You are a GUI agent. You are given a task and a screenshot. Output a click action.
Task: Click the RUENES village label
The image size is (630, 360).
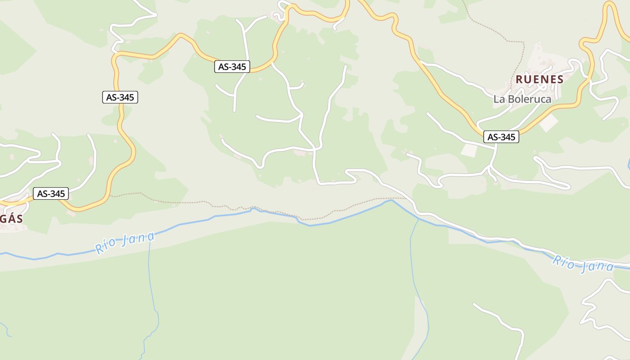pyautogui.click(x=539, y=80)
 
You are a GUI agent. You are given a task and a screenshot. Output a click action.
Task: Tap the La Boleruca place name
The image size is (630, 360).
pyautogui.click(x=522, y=99)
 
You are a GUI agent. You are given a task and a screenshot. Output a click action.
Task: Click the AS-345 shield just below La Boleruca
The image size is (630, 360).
pyautogui.click(x=501, y=137)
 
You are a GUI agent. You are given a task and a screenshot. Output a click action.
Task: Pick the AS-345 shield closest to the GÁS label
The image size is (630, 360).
pyautogui.click(x=51, y=194)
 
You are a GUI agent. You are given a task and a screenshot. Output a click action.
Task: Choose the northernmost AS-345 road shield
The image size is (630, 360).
pyautogui.click(x=232, y=67)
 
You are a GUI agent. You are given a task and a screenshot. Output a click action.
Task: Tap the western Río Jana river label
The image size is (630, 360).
pyautogui.click(x=125, y=243)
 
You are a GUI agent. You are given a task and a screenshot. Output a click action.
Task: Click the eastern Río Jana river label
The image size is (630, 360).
pyautogui.click(x=583, y=264)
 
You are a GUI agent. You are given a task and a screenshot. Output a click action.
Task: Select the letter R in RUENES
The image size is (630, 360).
pyautogui.click(x=519, y=80)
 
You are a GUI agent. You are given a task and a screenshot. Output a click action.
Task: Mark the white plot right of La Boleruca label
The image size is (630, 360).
pyautogui.click(x=549, y=123)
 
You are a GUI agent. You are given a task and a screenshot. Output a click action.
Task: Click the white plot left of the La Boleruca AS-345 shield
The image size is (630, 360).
pyautogui.click(x=469, y=150)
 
